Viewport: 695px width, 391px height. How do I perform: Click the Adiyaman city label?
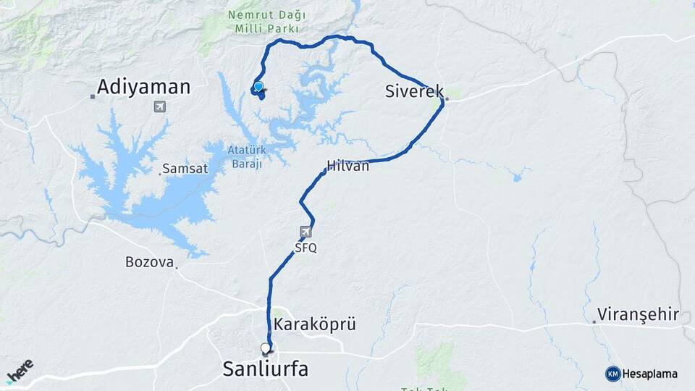tap(143, 88)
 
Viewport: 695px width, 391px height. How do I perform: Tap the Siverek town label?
tap(414, 91)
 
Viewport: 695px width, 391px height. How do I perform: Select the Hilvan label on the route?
tap(348, 166)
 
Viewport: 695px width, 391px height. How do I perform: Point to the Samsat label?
tap(185, 168)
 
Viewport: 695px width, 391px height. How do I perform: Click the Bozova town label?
tap(150, 261)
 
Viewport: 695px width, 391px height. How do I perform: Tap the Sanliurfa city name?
tap(265, 369)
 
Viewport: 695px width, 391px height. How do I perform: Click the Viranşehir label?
tap(638, 315)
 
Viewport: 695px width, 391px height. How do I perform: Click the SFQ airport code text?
tap(306, 248)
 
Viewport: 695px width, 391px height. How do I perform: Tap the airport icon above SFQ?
tap(306, 232)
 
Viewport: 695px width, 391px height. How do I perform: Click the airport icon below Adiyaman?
tap(159, 107)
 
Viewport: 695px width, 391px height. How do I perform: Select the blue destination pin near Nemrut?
tap(258, 87)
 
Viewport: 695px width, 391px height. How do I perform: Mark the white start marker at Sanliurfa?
tap(266, 348)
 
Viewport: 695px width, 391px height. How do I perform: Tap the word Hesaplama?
tap(650, 374)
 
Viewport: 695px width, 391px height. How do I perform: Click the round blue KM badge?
tap(612, 374)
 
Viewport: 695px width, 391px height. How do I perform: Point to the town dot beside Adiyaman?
tap(93, 96)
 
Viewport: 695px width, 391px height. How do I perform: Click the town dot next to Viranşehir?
tap(594, 321)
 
